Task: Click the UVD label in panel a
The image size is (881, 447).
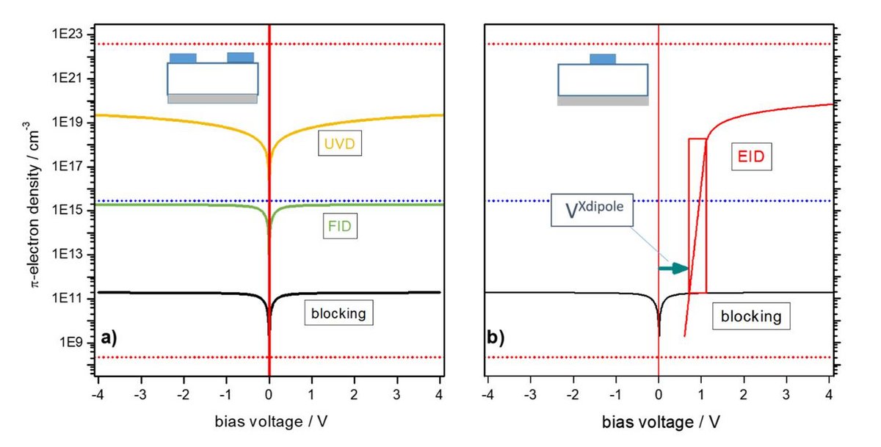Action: (x=335, y=145)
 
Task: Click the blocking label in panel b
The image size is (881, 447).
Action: (x=750, y=317)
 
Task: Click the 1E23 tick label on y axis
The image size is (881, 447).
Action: (x=68, y=34)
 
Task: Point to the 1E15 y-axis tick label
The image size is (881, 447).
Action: (x=68, y=211)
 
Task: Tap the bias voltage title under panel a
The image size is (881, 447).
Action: (x=269, y=422)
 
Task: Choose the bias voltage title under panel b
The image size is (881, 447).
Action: (x=659, y=423)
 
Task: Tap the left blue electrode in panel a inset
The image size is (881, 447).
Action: (x=183, y=57)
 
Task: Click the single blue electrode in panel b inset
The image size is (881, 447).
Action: (x=603, y=59)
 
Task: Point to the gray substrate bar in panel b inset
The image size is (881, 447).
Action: (x=603, y=101)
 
